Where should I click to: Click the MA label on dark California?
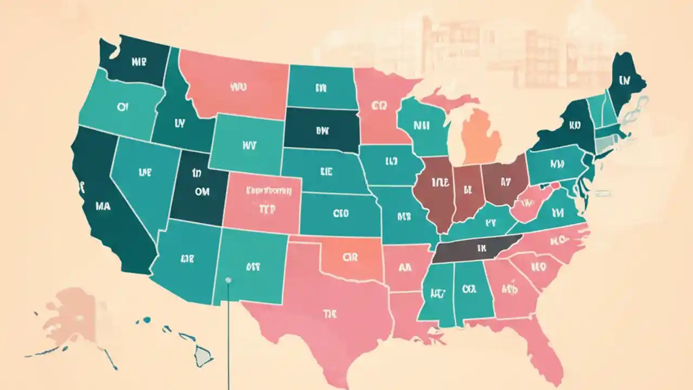[x=103, y=206]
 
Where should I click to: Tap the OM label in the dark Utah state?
[x=201, y=191]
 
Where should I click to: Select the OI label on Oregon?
[x=122, y=107]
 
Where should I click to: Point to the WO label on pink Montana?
[x=238, y=86]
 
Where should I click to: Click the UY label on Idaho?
[x=180, y=124]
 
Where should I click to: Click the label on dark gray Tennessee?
[x=479, y=248]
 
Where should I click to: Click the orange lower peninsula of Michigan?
[x=481, y=135]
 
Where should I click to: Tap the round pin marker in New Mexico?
[x=228, y=280]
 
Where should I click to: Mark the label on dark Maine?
[x=625, y=81]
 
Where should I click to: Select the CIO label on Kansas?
[x=341, y=213]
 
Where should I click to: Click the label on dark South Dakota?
[x=322, y=130]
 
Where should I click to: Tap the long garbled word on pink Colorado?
[x=269, y=191]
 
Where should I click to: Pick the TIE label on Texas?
[x=329, y=313]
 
